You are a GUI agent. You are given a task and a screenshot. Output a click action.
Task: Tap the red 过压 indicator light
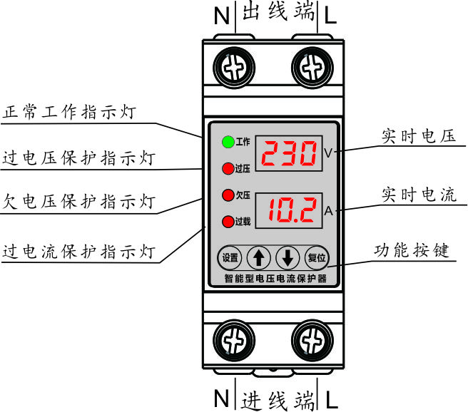[x=228, y=169]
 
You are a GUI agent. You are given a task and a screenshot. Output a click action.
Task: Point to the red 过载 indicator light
[x=228, y=221]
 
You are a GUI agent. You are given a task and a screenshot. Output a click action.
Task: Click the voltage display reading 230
[x=288, y=153]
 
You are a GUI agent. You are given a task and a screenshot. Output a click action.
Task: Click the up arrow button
[x=258, y=257]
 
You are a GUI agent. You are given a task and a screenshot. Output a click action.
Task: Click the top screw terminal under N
[x=231, y=68]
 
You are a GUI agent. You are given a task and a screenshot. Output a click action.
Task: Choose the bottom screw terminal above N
[x=231, y=340]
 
